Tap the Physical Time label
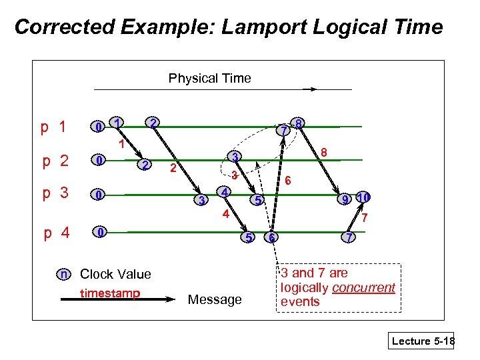click(x=209, y=79)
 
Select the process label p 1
click(x=53, y=127)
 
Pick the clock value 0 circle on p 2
click(x=99, y=161)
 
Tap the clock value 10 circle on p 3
click(x=363, y=198)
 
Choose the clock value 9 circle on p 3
click(x=345, y=199)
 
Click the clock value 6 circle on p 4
click(x=271, y=238)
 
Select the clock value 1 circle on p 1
click(x=117, y=123)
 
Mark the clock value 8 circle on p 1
click(x=300, y=124)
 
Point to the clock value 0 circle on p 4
click(x=99, y=232)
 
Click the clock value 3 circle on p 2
click(x=234, y=157)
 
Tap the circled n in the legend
click(x=63, y=274)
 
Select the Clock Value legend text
click(x=115, y=274)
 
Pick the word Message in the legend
click(x=215, y=300)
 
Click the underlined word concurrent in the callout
click(x=363, y=288)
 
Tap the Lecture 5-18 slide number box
click(x=422, y=341)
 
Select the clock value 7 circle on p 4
click(x=348, y=238)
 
